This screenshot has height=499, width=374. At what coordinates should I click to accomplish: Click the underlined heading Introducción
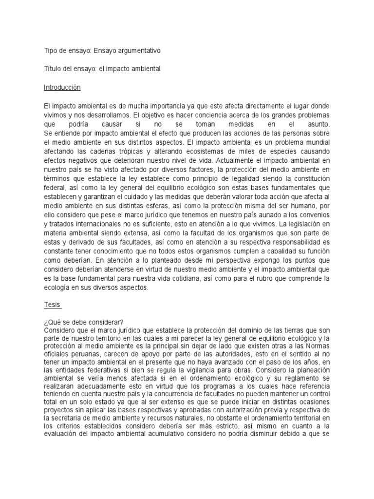(62, 88)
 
